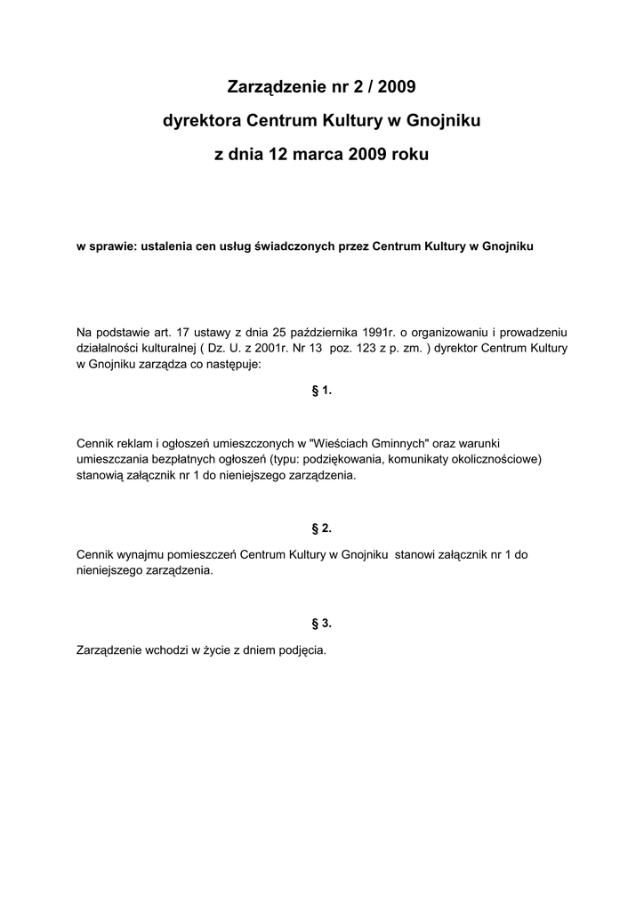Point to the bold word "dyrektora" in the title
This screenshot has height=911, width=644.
coord(201,120)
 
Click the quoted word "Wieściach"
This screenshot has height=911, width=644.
coord(348,443)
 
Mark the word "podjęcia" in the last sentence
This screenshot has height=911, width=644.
coord(303,649)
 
